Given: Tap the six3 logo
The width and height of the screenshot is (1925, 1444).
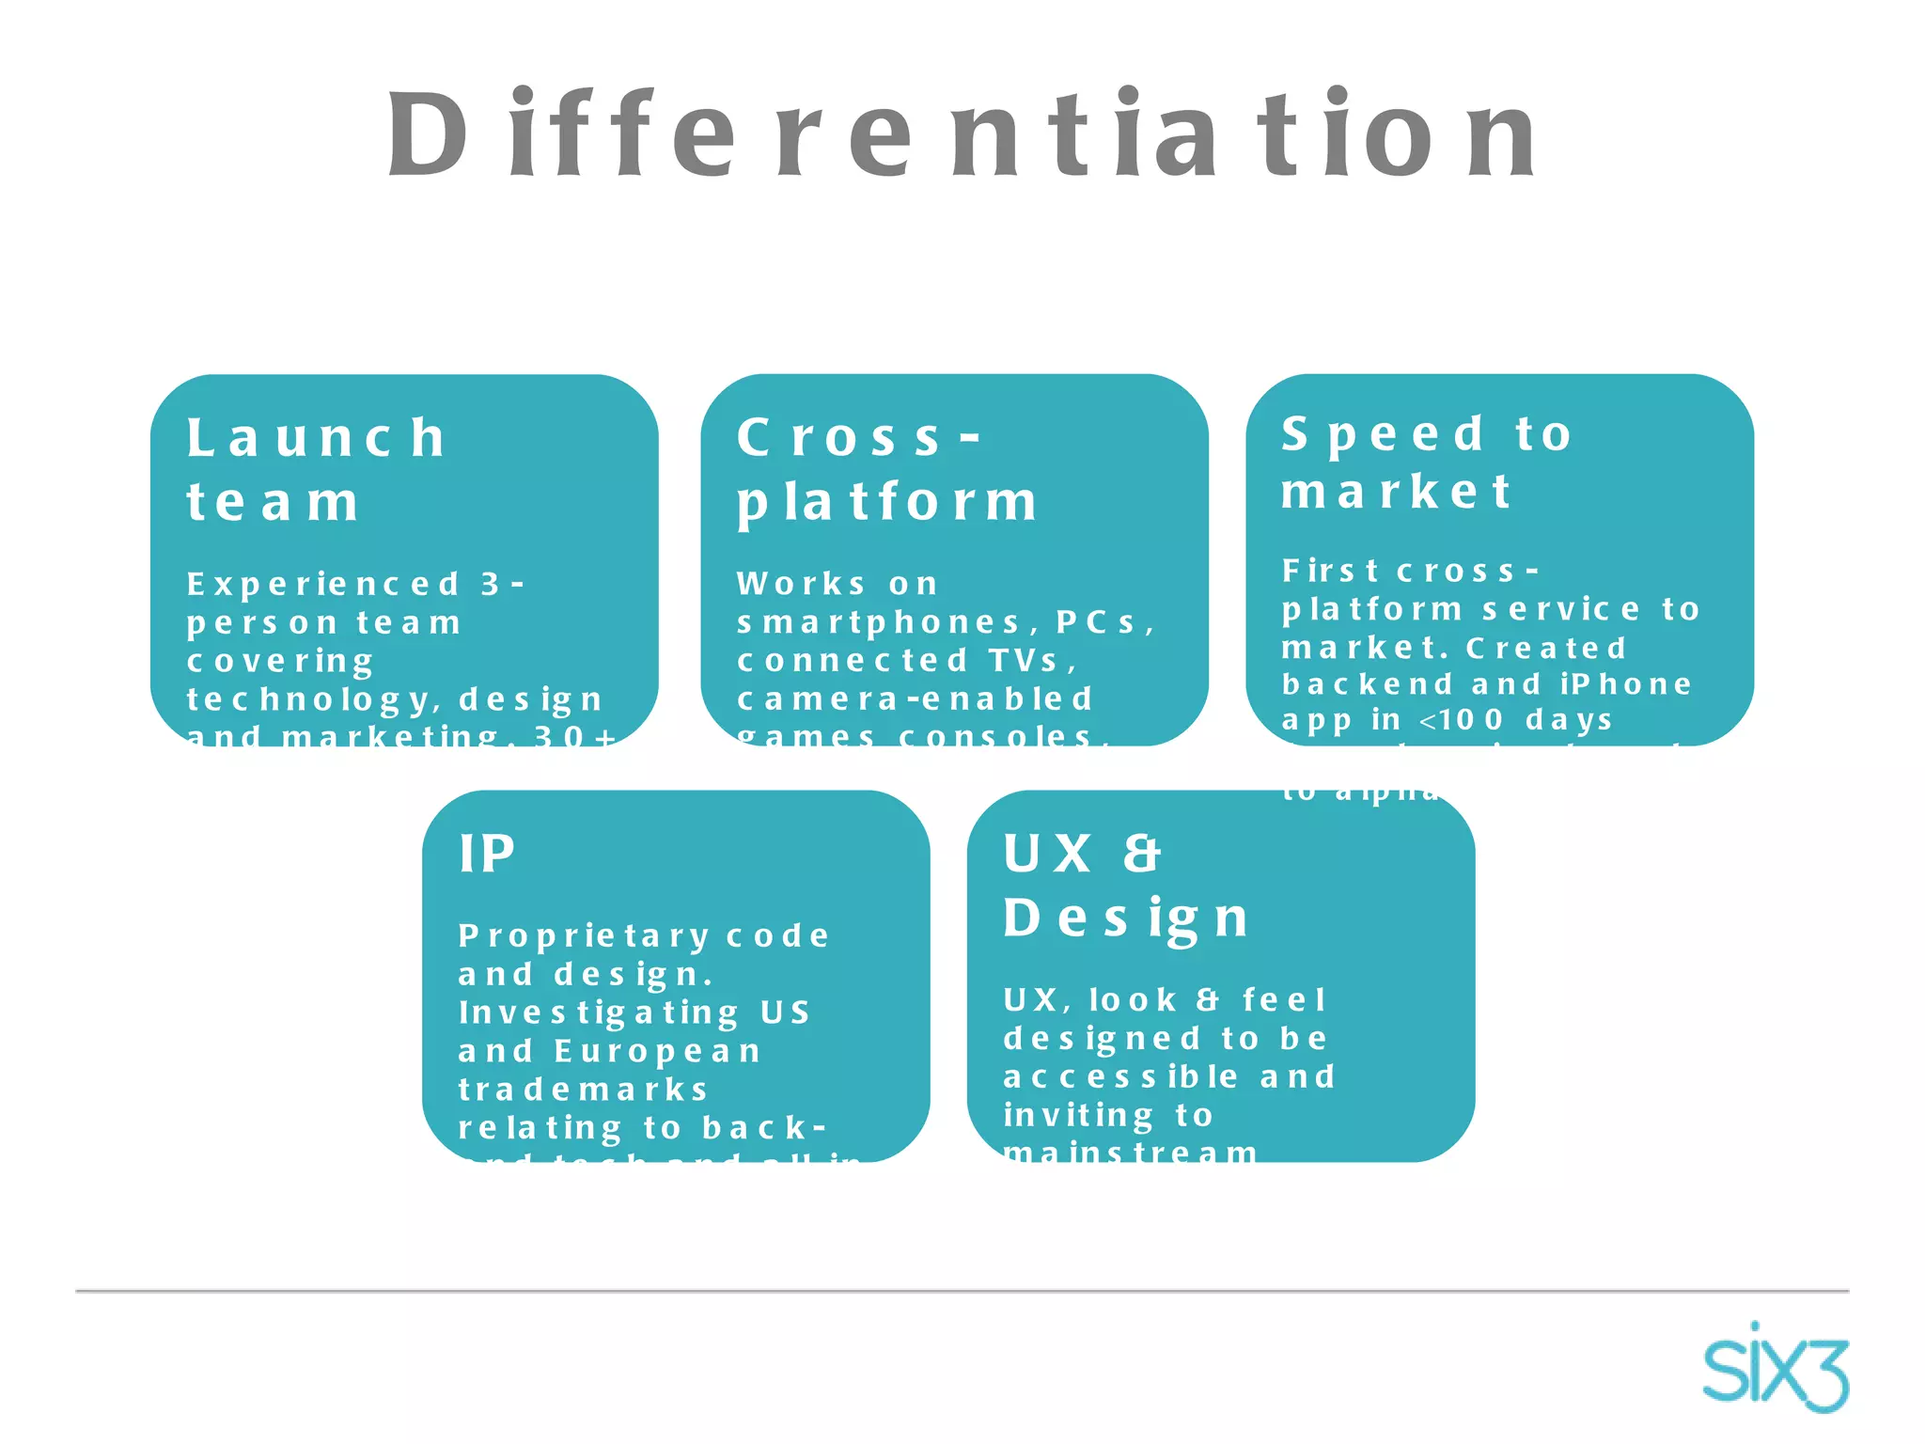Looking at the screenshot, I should click(1775, 1368).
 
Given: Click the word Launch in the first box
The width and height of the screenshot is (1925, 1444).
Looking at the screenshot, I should click(316, 438).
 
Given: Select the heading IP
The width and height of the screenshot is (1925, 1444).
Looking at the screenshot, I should click(487, 855).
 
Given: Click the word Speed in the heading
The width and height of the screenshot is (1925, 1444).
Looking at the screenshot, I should click(1384, 435).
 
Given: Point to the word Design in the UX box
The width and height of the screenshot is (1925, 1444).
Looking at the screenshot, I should click(1125, 918).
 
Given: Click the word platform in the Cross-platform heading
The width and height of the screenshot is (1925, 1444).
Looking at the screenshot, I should click(887, 502).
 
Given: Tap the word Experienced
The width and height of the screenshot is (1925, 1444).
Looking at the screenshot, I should click(323, 585).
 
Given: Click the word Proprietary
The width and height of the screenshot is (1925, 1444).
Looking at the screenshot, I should click(584, 936).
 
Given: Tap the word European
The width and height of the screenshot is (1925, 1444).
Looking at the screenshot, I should click(657, 1051).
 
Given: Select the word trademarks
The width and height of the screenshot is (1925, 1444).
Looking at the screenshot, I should click(583, 1090).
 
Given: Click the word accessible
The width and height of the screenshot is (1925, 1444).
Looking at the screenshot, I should click(1121, 1076).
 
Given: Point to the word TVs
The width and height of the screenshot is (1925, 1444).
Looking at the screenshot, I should click(1030, 661).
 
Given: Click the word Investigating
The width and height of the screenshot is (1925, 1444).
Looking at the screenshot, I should click(599, 1012).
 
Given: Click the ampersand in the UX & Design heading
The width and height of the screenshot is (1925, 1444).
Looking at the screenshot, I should click(1142, 855).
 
